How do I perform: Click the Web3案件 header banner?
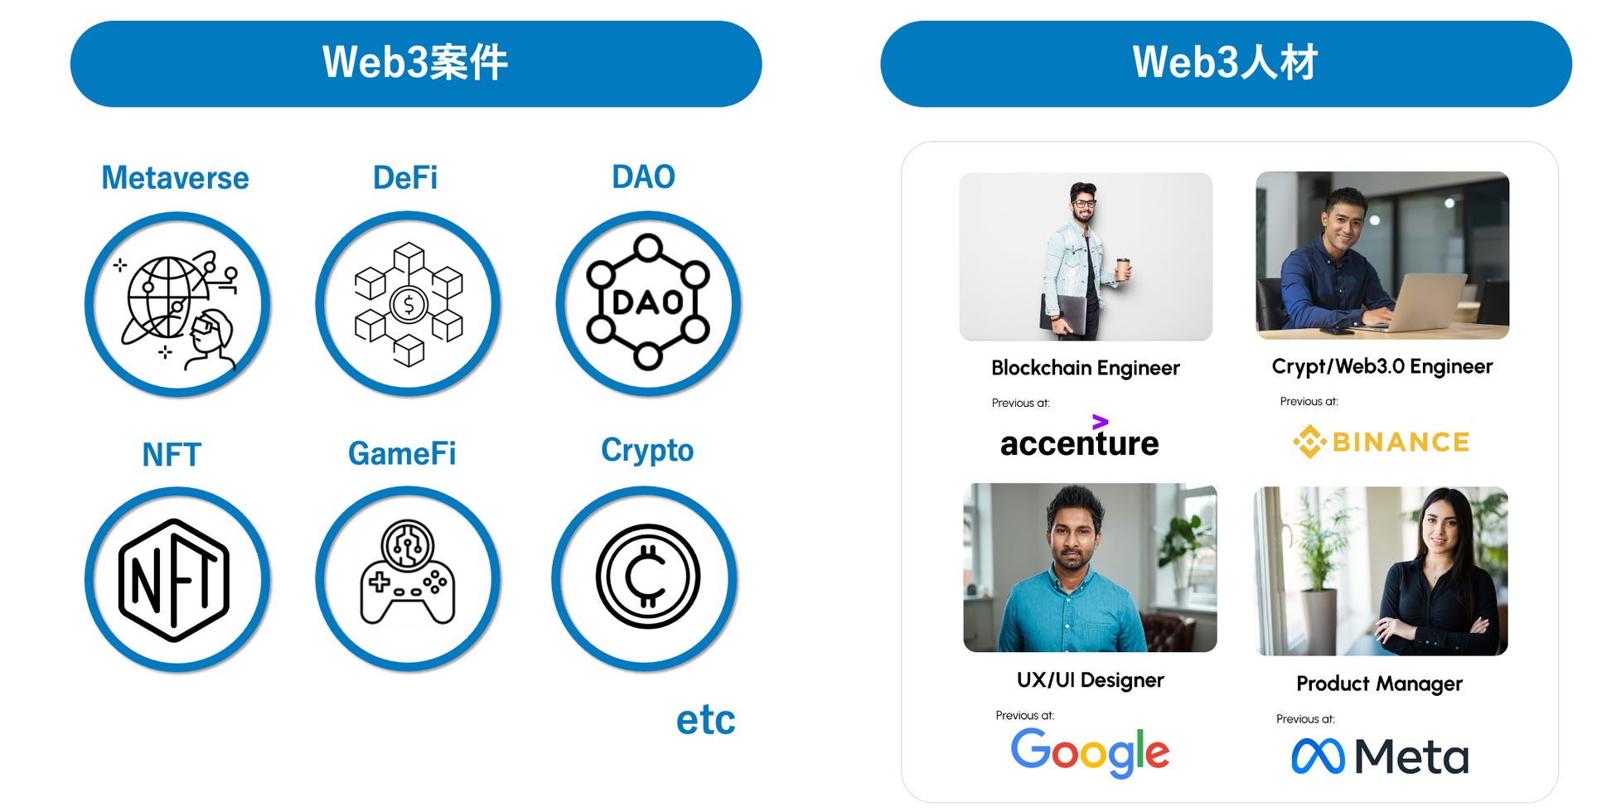tap(415, 64)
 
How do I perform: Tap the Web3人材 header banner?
tap(1225, 64)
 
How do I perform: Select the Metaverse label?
tap(175, 178)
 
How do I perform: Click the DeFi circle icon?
tap(408, 304)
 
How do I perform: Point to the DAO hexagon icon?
tap(648, 302)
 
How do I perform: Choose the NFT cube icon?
tap(175, 580)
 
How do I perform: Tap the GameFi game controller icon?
tap(408, 573)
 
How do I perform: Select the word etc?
tap(705, 719)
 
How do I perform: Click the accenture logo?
tap(1079, 439)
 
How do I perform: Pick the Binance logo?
tap(1381, 442)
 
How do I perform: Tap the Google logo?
tap(1090, 752)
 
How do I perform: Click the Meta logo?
tap(1380, 756)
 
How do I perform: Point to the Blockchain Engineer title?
tap(1085, 368)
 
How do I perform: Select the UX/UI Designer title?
tap(1090, 680)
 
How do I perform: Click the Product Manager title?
tap(1379, 684)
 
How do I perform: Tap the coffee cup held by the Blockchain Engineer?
tap(1123, 268)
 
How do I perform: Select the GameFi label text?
tap(402, 454)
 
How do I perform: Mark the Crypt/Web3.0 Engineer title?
tap(1381, 366)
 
